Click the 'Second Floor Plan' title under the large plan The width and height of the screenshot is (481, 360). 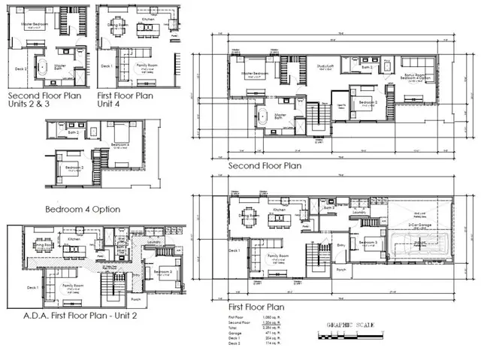265,166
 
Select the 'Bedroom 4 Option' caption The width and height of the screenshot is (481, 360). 83,208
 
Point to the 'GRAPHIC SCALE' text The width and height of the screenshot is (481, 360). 350,325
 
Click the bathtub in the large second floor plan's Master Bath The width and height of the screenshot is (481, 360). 263,117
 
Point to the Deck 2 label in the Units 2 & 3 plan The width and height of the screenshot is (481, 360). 21,68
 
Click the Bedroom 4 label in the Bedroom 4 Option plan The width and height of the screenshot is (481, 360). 120,144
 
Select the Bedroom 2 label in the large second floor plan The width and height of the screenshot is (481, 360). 365,101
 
